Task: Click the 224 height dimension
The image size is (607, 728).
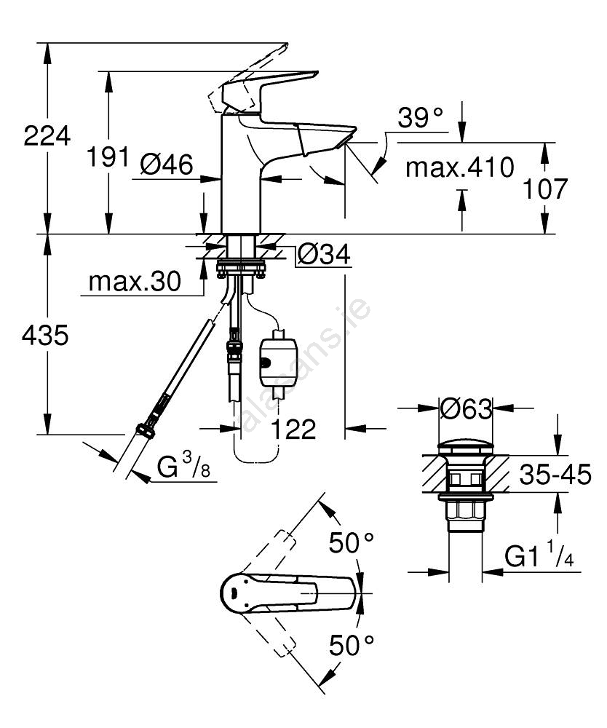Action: tap(47, 136)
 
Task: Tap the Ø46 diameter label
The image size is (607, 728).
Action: tap(167, 166)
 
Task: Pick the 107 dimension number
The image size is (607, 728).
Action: tap(544, 189)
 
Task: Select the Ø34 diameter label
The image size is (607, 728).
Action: tap(324, 255)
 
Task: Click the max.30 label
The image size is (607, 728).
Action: tap(134, 282)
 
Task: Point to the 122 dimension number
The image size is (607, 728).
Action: tap(294, 430)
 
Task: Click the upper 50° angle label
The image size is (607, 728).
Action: tap(352, 543)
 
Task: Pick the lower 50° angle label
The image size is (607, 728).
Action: tap(352, 644)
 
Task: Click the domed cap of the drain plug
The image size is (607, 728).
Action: tap(466, 447)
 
